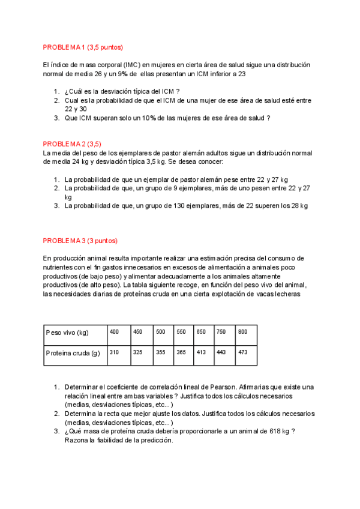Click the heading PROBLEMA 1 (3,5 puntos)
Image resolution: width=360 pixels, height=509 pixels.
[x=83, y=47]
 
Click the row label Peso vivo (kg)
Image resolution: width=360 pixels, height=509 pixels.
[x=67, y=333]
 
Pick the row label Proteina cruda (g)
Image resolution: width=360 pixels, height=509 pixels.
[x=73, y=353]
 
